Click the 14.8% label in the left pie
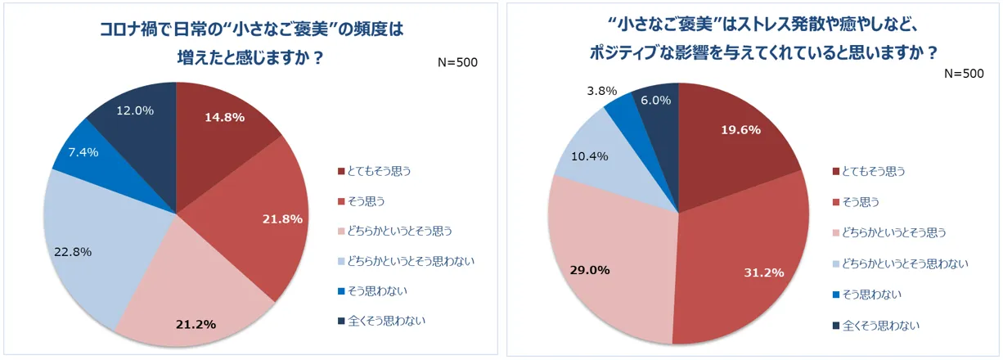coord(224,117)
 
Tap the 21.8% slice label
coord(282,218)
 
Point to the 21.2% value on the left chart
coord(196,324)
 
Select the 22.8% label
coord(67,252)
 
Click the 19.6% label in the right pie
coord(740,129)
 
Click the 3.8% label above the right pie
coord(602,91)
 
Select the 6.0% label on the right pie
coord(656,101)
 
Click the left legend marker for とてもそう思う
coord(342,171)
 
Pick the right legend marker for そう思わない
coord(836,294)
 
